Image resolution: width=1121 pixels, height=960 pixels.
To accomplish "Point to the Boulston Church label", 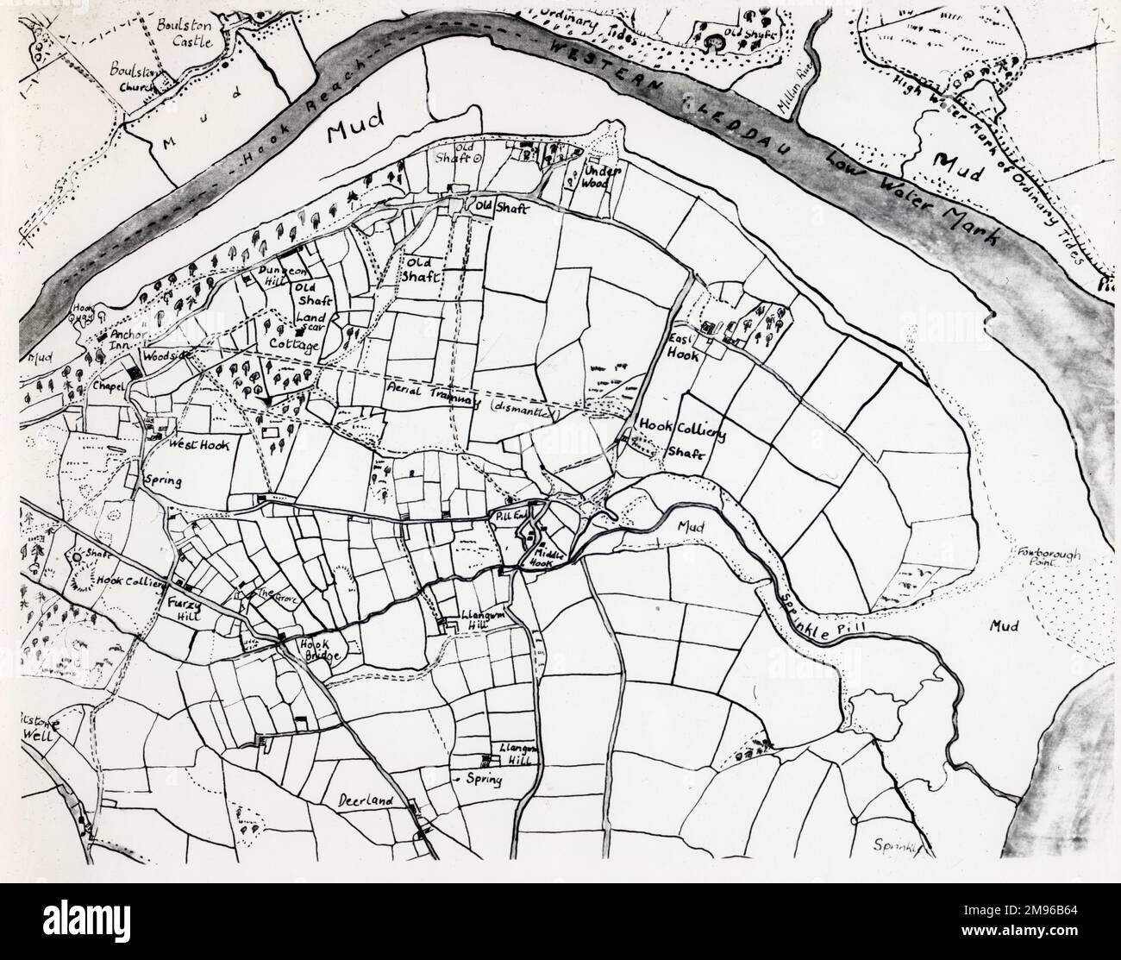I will (x=135, y=72).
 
